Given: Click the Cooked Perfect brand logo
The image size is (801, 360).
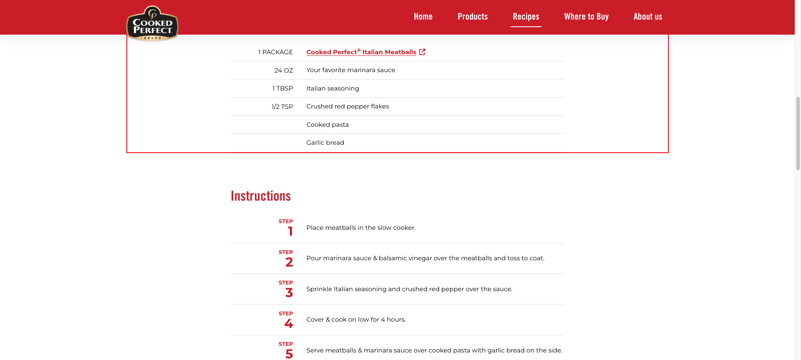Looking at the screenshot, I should click(x=152, y=24).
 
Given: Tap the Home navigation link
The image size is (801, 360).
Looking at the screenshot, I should click(x=423, y=17).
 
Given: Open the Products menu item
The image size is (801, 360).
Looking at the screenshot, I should click(x=473, y=17).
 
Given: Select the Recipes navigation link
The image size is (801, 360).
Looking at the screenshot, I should click(x=526, y=17).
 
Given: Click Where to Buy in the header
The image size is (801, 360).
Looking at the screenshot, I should click(x=586, y=17).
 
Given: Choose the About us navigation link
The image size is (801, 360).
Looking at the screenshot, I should click(x=647, y=17).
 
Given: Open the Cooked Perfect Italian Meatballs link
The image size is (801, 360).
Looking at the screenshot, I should click(x=361, y=52).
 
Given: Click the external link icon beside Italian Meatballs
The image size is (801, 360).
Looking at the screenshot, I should click(x=422, y=52).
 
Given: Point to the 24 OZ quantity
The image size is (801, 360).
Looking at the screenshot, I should click(x=284, y=70).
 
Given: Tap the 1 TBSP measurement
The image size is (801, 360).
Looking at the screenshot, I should click(x=282, y=88).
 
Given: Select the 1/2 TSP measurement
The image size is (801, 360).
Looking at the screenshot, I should click(x=282, y=107).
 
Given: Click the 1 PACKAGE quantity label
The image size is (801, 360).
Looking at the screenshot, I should click(x=275, y=52).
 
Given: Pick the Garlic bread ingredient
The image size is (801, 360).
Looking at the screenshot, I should click(x=325, y=143).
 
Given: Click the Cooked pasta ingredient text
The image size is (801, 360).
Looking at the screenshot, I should click(x=327, y=125).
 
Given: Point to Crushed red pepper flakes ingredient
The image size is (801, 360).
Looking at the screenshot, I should click(x=348, y=106).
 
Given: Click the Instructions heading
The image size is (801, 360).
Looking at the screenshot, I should click(x=261, y=196).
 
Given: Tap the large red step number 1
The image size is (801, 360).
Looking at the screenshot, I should click(x=290, y=231).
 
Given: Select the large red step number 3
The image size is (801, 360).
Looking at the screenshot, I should click(x=289, y=292).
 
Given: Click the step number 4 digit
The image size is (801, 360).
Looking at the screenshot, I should click(x=289, y=323).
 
